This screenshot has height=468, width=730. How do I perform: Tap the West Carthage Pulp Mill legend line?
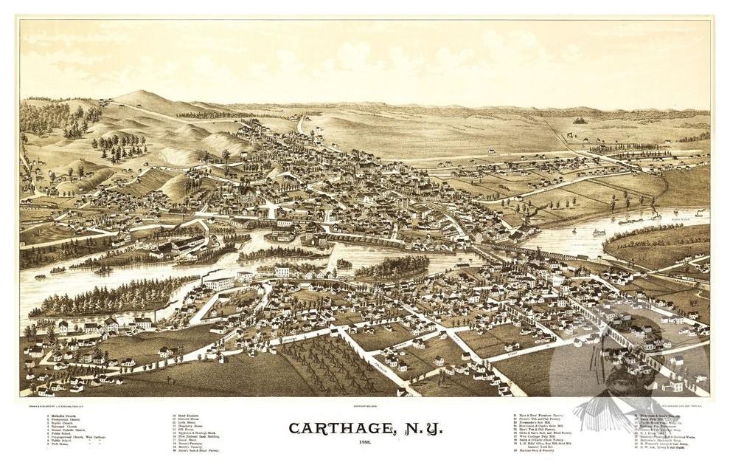point(549,437)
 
